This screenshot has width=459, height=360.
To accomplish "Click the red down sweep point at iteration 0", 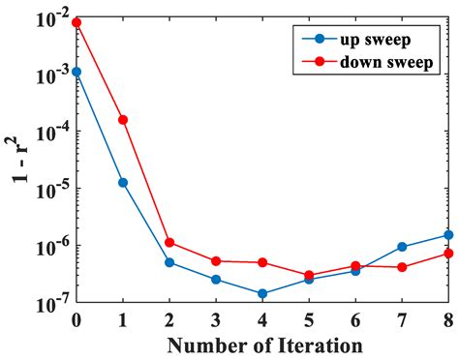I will coord(76,22).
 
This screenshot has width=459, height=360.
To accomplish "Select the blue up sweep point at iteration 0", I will coord(76,72).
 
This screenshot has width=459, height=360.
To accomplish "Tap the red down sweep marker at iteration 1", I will coord(123,120).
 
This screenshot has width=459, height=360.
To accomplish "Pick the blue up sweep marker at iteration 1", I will coord(123,182).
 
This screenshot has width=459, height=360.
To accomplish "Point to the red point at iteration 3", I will coord(216,261).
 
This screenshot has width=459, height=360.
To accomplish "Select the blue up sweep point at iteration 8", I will coord(448,235).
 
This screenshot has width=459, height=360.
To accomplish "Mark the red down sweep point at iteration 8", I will coord(448,254).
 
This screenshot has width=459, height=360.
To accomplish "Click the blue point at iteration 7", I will coord(402,247).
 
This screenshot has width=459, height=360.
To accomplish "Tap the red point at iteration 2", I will coord(169,242).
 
